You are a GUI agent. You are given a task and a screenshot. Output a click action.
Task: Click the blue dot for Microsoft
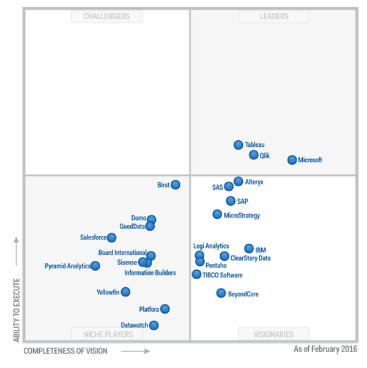[x=292, y=160]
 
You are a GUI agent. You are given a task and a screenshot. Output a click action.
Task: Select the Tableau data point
[x=239, y=145]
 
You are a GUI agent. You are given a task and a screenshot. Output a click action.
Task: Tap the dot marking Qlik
[x=254, y=155]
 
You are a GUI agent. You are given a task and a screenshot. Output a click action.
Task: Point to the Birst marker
[x=176, y=184]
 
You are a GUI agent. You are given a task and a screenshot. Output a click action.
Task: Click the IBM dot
[x=249, y=249]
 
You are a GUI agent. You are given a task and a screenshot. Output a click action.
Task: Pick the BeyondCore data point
[x=221, y=293]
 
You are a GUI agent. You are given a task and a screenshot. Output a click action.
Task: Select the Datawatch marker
[x=154, y=325]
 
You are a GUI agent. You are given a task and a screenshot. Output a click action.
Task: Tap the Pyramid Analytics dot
[x=95, y=266]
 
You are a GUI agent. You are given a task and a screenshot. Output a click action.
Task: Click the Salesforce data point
[x=111, y=238]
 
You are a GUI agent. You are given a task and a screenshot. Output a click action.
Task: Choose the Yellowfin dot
[x=125, y=292]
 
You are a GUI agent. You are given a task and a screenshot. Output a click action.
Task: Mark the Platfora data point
[x=165, y=309]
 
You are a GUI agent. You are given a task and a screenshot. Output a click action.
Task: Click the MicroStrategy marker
[x=217, y=214]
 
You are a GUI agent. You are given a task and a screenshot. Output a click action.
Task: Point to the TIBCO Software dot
[x=196, y=274]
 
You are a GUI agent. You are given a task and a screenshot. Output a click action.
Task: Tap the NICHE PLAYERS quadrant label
[x=108, y=334]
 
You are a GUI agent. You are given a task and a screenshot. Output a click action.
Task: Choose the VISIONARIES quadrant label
[x=273, y=334]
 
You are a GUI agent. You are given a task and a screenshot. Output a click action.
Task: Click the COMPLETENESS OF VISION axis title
[x=65, y=351]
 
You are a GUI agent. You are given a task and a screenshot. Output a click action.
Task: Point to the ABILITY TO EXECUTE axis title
[x=17, y=310]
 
